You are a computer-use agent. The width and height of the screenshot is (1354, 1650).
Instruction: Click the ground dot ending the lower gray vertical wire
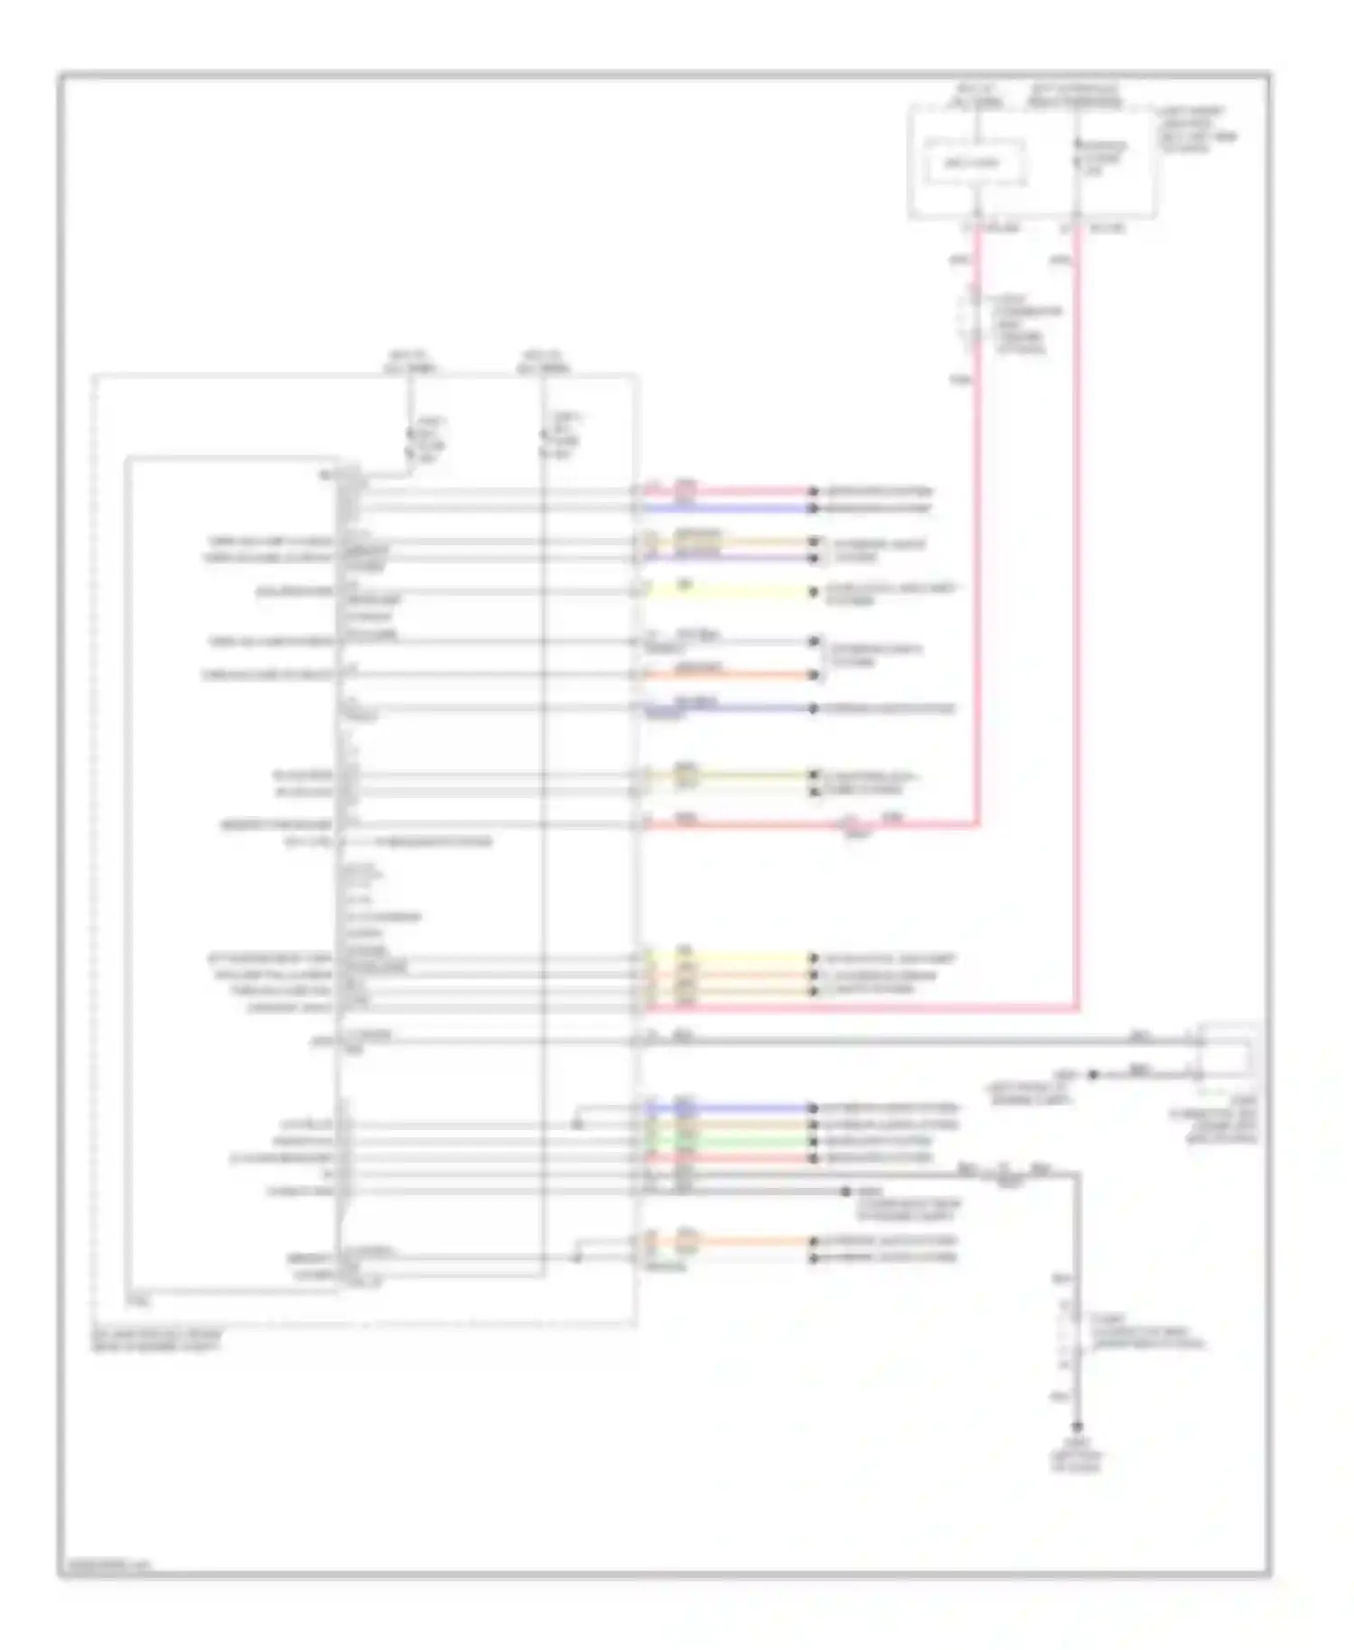pos(1076,1429)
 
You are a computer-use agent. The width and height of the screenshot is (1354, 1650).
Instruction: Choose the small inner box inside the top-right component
pos(973,163)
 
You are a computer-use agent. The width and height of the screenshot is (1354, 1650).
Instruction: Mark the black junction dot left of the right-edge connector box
pos(1093,1075)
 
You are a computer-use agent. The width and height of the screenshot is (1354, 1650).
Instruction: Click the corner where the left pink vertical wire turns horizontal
pos(977,823)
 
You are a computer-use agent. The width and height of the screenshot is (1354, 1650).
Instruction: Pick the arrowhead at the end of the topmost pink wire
pos(813,492)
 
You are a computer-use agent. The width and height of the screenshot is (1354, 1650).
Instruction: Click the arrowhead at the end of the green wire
pos(813,1141)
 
